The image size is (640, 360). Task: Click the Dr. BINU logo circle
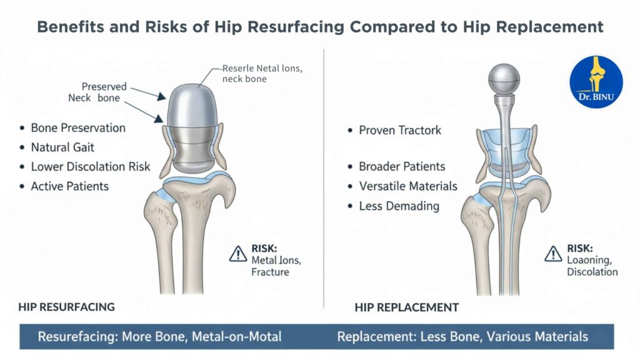pyautogui.click(x=596, y=81)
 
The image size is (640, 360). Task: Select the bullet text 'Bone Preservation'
pyautogui.click(x=78, y=128)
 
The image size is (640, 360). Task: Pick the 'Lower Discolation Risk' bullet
pyautogui.click(x=91, y=167)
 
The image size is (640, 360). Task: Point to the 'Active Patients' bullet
pyautogui.click(x=70, y=186)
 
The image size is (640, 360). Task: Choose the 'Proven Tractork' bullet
pyautogui.click(x=400, y=130)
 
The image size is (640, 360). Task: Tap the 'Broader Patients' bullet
pyautogui.click(x=402, y=167)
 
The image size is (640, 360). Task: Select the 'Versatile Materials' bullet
pyautogui.click(x=408, y=186)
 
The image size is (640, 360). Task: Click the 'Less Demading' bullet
pyautogui.click(x=399, y=206)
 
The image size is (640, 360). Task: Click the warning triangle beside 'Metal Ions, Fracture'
pyautogui.click(x=238, y=253)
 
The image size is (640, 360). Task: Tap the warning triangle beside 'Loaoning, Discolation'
pyautogui.click(x=553, y=253)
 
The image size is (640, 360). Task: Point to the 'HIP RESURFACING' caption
pyautogui.click(x=66, y=307)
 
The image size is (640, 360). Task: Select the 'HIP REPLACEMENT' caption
pyautogui.click(x=406, y=307)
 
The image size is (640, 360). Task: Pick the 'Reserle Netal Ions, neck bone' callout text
pyautogui.click(x=262, y=74)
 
